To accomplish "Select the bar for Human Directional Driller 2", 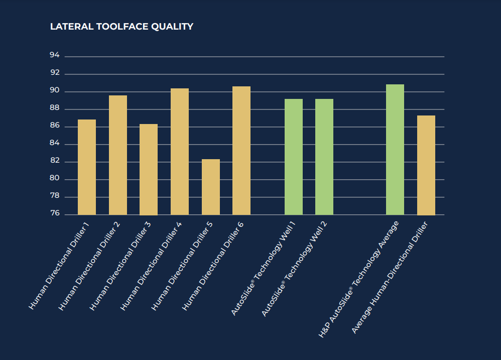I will pos(118,155).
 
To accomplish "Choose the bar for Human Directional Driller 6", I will pos(241,151).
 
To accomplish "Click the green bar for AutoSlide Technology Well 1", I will pos(294,157).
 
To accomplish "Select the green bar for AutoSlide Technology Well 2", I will pos(324,157).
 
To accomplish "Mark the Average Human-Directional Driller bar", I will pos(426,165).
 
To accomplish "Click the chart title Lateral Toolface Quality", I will pos(121,27).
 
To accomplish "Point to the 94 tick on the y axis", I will pos(55,56).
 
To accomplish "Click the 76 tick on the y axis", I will pos(55,214).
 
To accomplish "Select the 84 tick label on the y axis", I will pos(55,144).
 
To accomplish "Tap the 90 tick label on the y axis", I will pos(55,91).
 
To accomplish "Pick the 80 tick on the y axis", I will pos(55,179).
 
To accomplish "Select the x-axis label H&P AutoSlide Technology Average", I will pos(358,279).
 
